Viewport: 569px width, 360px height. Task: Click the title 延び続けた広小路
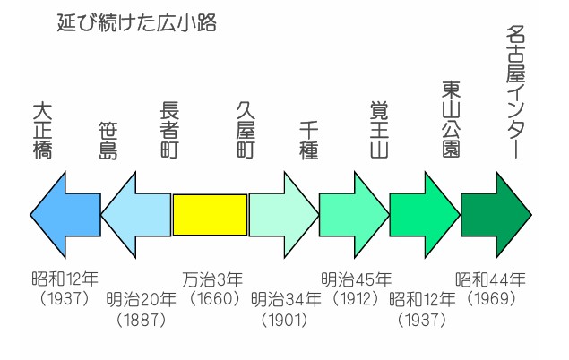click(137, 23)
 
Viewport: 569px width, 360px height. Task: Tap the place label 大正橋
click(42, 132)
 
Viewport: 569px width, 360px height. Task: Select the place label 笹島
click(108, 141)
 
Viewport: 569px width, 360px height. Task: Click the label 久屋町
click(246, 130)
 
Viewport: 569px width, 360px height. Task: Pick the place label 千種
click(309, 141)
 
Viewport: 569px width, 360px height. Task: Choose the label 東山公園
click(451, 119)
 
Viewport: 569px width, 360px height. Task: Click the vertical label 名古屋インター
click(515, 91)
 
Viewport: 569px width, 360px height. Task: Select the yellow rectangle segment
click(210, 215)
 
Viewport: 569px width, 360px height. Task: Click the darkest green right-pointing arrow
click(496, 215)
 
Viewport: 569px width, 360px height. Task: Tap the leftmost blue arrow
click(65, 215)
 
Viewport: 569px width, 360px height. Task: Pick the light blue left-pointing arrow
click(135, 215)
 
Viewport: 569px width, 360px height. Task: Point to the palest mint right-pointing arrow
click(284, 215)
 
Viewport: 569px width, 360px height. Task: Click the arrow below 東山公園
click(425, 215)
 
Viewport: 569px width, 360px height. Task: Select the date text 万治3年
click(212, 280)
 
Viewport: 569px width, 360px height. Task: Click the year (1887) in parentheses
click(142, 320)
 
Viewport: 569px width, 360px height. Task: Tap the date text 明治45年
click(356, 280)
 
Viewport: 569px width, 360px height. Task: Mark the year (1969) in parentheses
click(491, 299)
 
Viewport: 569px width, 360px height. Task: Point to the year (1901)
click(285, 320)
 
